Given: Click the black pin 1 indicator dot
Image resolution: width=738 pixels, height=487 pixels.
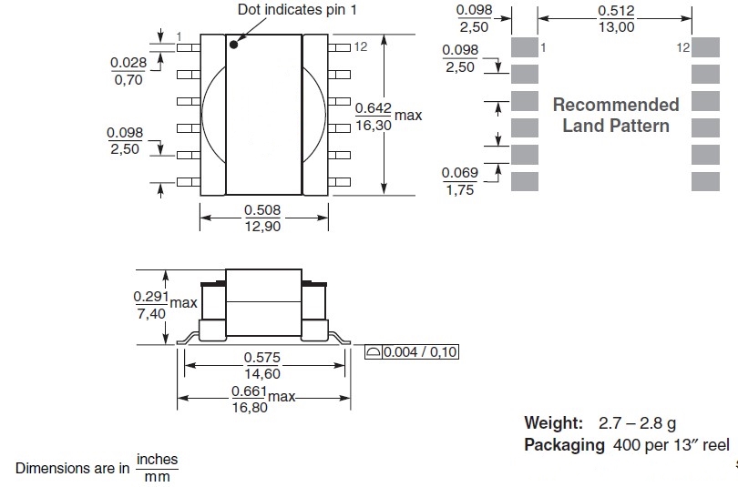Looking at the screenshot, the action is click(233, 45).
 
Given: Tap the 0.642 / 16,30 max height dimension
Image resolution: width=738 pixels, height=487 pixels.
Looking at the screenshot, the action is click(388, 117).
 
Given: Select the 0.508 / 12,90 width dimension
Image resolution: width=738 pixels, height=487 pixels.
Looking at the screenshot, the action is click(262, 218).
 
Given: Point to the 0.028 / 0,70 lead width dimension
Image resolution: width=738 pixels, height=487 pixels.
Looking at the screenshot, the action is click(128, 71).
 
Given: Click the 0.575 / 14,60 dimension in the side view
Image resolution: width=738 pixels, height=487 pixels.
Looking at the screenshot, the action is click(262, 366).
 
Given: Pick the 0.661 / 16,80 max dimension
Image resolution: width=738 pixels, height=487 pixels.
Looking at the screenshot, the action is click(263, 399).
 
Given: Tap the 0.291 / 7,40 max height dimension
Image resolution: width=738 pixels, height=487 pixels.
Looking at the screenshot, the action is click(165, 305).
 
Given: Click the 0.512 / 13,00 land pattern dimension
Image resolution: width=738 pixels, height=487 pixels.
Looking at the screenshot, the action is click(617, 19).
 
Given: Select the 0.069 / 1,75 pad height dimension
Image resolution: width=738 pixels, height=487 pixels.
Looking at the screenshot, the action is click(460, 181).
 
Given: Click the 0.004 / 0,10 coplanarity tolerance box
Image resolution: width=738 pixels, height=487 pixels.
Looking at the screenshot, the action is click(411, 352).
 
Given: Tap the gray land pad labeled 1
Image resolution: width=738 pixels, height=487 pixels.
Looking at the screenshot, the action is click(525, 47).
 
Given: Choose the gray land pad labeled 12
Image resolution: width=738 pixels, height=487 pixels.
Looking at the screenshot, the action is click(705, 47).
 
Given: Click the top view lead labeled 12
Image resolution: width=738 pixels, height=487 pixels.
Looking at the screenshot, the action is click(339, 47).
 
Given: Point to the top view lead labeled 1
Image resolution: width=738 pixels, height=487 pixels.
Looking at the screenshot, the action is click(189, 47).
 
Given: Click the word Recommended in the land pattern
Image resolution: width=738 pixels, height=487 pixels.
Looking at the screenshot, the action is click(616, 105).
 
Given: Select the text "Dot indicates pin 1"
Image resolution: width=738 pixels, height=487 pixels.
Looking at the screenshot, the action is click(297, 9).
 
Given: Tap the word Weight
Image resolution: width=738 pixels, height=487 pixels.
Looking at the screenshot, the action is click(554, 423).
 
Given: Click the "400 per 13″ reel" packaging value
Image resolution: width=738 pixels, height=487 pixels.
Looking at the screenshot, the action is click(671, 445).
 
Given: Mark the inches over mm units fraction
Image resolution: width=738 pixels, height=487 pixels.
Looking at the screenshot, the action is click(157, 468).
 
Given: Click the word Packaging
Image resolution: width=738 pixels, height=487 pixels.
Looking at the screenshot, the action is click(564, 445).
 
